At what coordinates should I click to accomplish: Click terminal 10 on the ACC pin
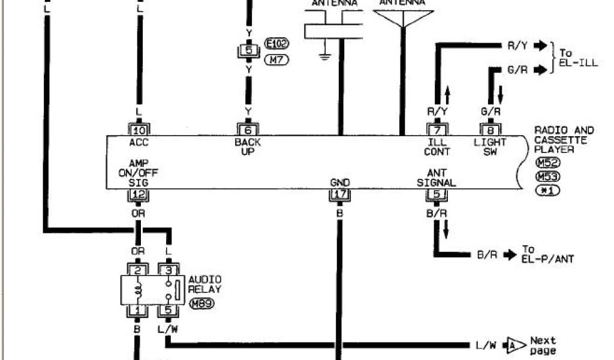tap(139, 129)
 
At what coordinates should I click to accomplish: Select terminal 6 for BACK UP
tap(248, 129)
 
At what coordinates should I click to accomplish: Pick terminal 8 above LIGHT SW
tap(490, 129)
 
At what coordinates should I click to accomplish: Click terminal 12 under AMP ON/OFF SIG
tap(139, 195)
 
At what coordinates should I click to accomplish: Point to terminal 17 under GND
tap(339, 195)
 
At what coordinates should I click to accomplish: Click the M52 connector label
tap(545, 163)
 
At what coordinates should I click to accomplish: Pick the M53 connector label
tap(545, 176)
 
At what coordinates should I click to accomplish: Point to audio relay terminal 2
tap(139, 270)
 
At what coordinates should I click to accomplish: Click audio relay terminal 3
tap(168, 270)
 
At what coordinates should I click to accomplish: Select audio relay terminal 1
tap(139, 310)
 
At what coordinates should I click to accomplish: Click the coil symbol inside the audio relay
tap(139, 290)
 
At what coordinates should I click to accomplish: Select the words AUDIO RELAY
tap(205, 284)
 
